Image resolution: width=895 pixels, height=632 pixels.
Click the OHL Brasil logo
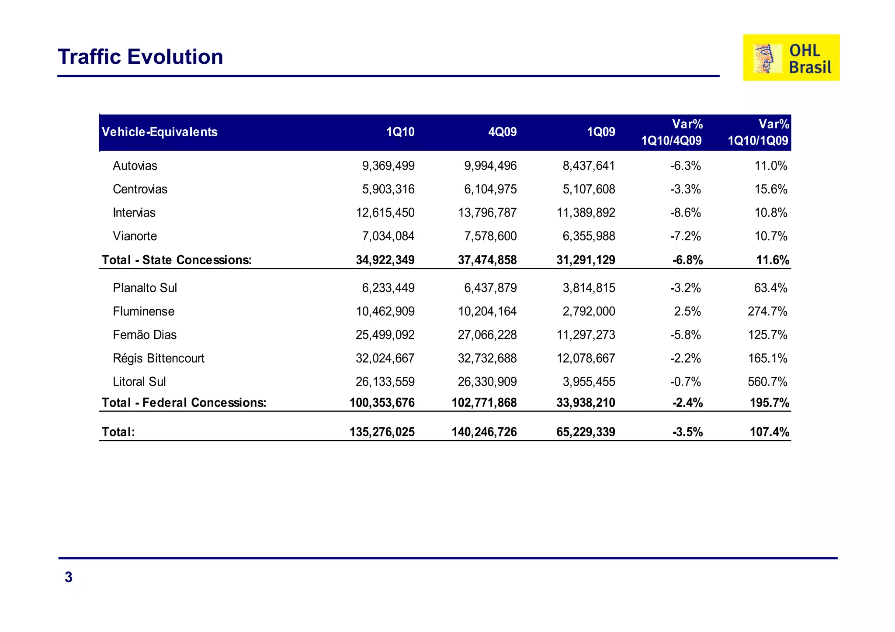click(x=791, y=58)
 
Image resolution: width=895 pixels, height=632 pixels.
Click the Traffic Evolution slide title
click(x=140, y=57)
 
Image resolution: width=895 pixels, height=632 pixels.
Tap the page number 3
click(x=69, y=577)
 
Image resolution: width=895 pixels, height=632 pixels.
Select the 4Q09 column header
click(x=502, y=132)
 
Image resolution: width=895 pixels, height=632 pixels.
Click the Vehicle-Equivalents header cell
click(x=160, y=132)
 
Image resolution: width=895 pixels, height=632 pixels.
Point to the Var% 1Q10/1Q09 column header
click(x=758, y=132)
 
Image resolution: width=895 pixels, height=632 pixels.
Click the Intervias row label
click(x=134, y=213)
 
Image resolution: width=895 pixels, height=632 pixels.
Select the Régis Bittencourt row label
click(x=159, y=358)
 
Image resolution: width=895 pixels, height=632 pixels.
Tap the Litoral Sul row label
click(x=139, y=382)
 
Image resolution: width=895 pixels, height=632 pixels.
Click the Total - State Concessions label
click(x=177, y=260)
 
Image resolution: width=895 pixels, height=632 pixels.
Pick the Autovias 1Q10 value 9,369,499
click(x=388, y=166)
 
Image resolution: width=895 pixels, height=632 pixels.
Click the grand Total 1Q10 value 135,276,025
click(x=382, y=432)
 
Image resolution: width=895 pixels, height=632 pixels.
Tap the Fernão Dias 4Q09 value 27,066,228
click(x=487, y=335)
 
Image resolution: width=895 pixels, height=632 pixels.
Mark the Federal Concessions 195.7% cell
click(x=769, y=402)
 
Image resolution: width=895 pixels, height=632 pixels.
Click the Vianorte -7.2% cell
click(x=685, y=236)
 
